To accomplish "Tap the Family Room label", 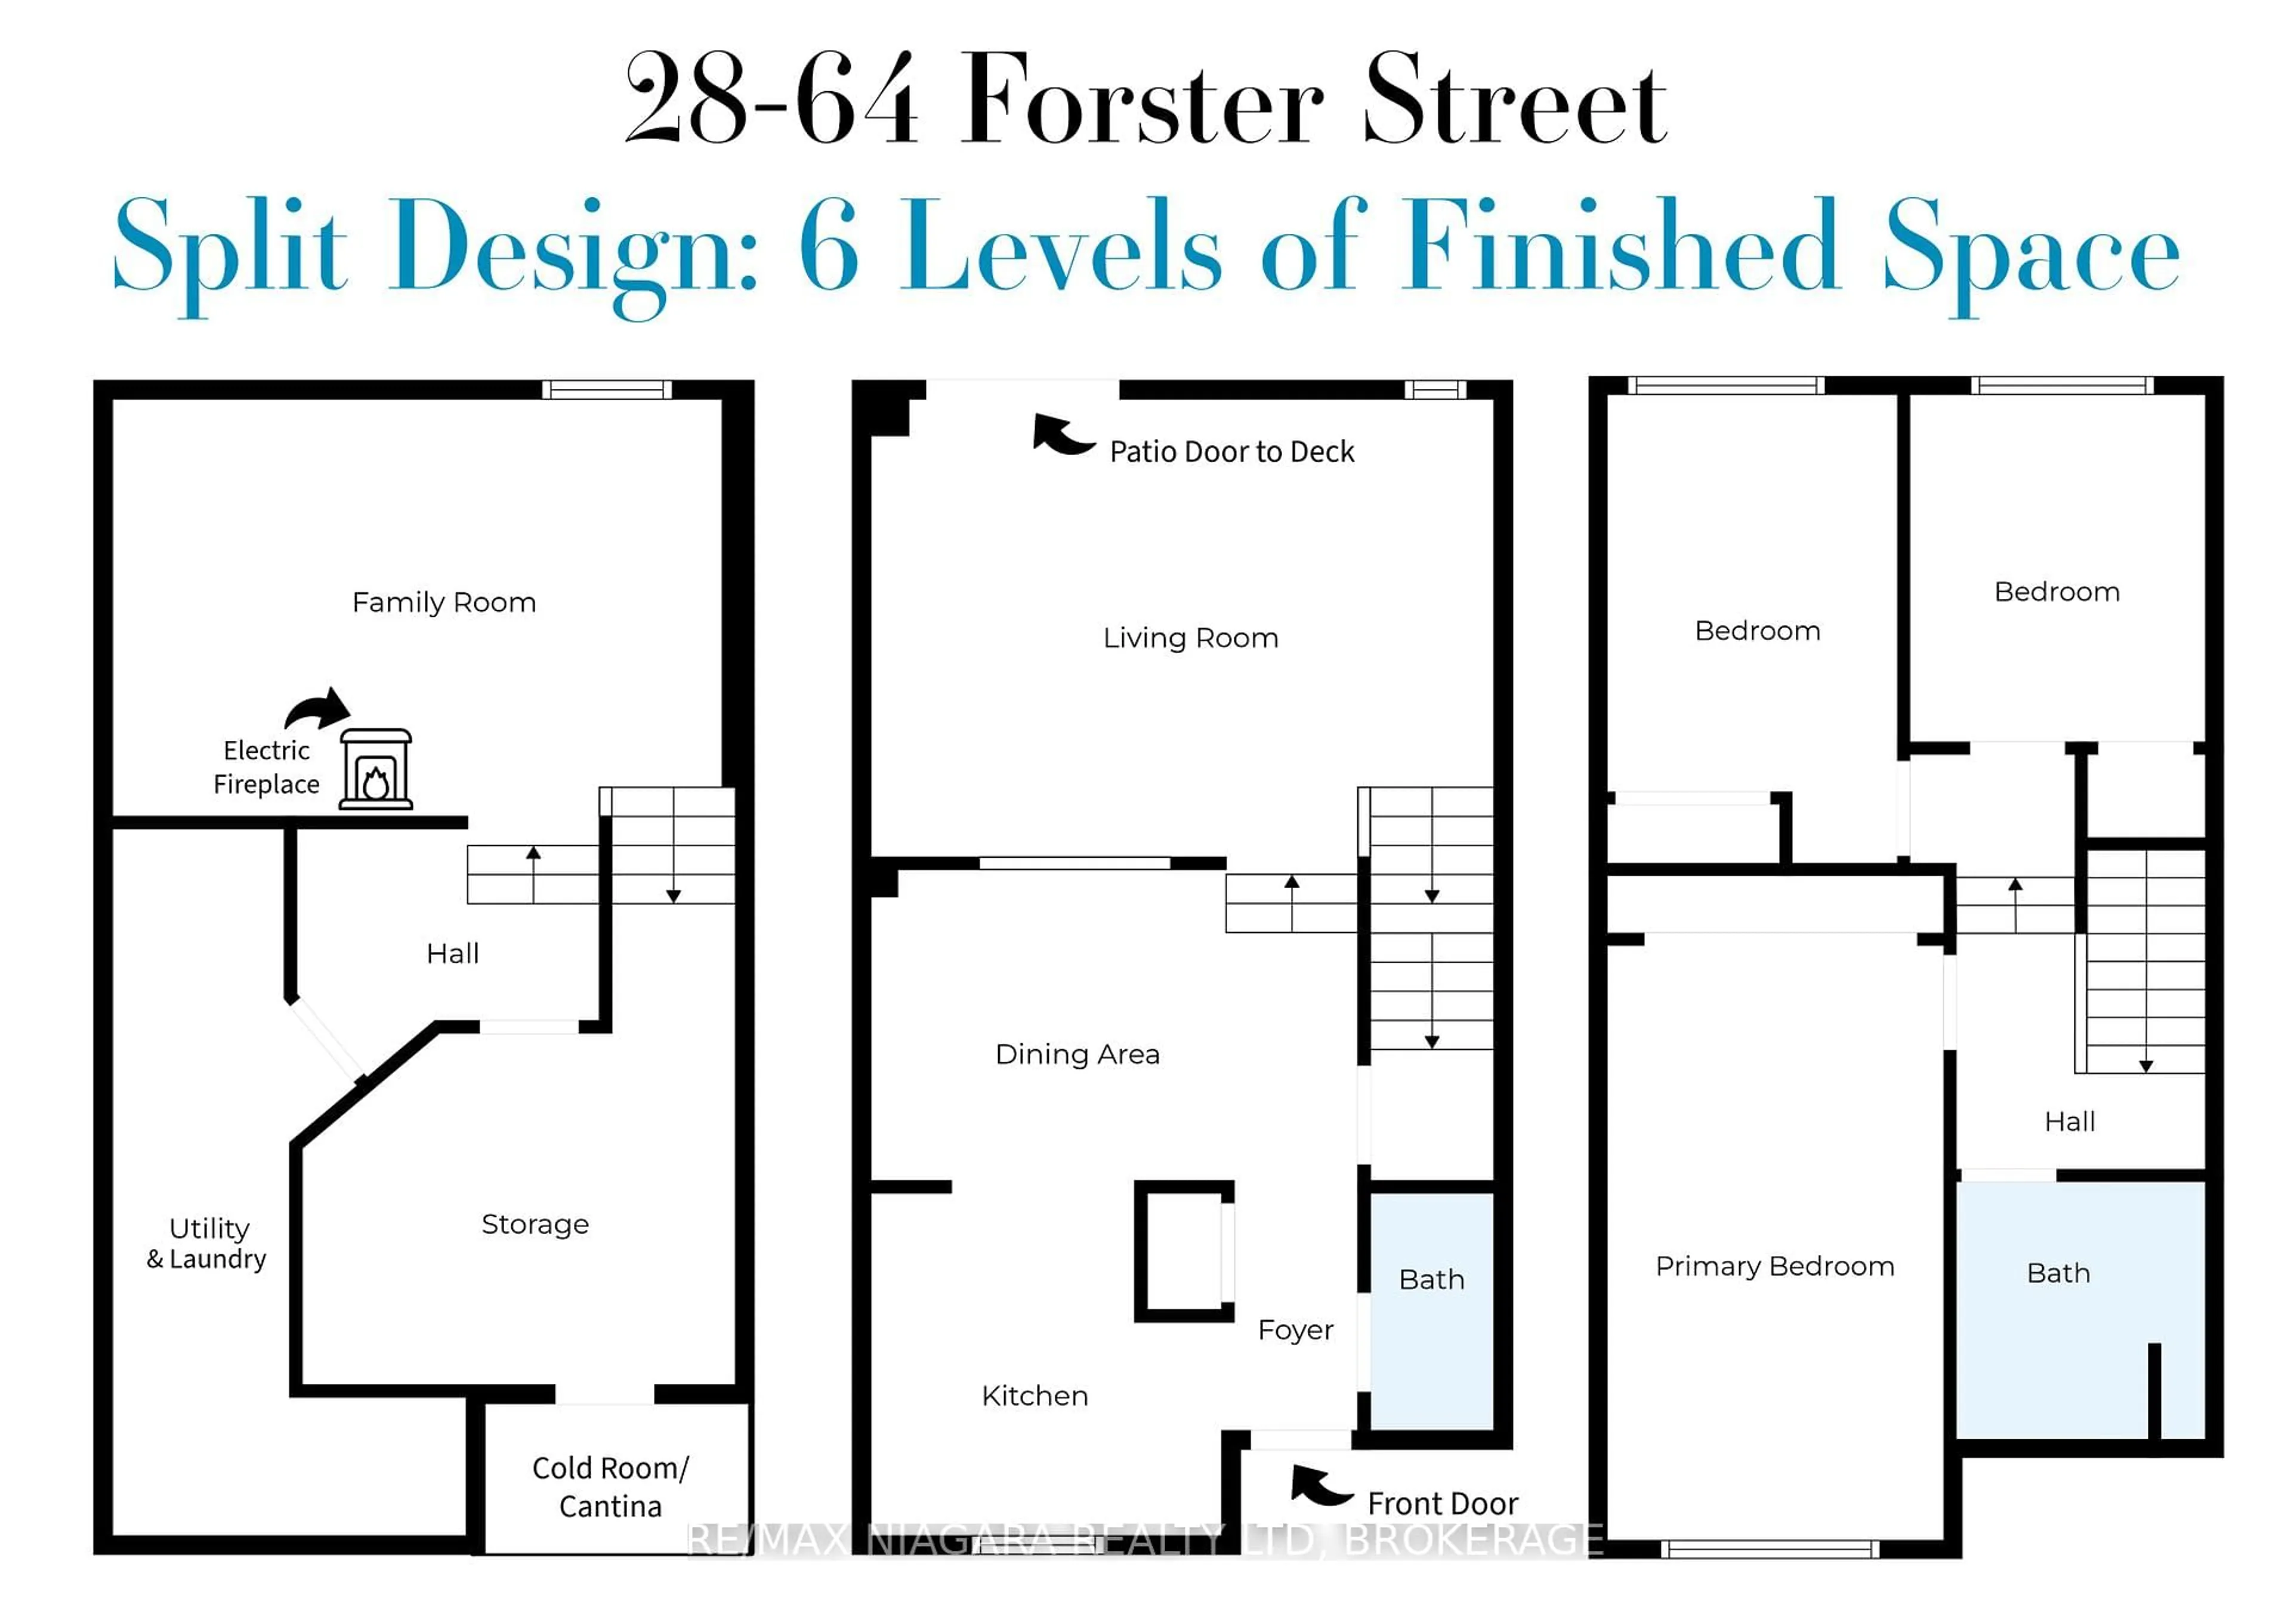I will coord(444,602).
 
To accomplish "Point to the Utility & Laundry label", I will coord(208,1243).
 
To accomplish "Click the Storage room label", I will coord(535,1224).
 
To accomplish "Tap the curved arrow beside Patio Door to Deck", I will coord(1063,436).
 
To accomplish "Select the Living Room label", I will coord(1190,638).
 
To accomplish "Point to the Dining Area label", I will coord(1077,1055).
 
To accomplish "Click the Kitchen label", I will coord(1035,1396).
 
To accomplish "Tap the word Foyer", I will coord(1295,1330).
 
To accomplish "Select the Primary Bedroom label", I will coord(1774,1266).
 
